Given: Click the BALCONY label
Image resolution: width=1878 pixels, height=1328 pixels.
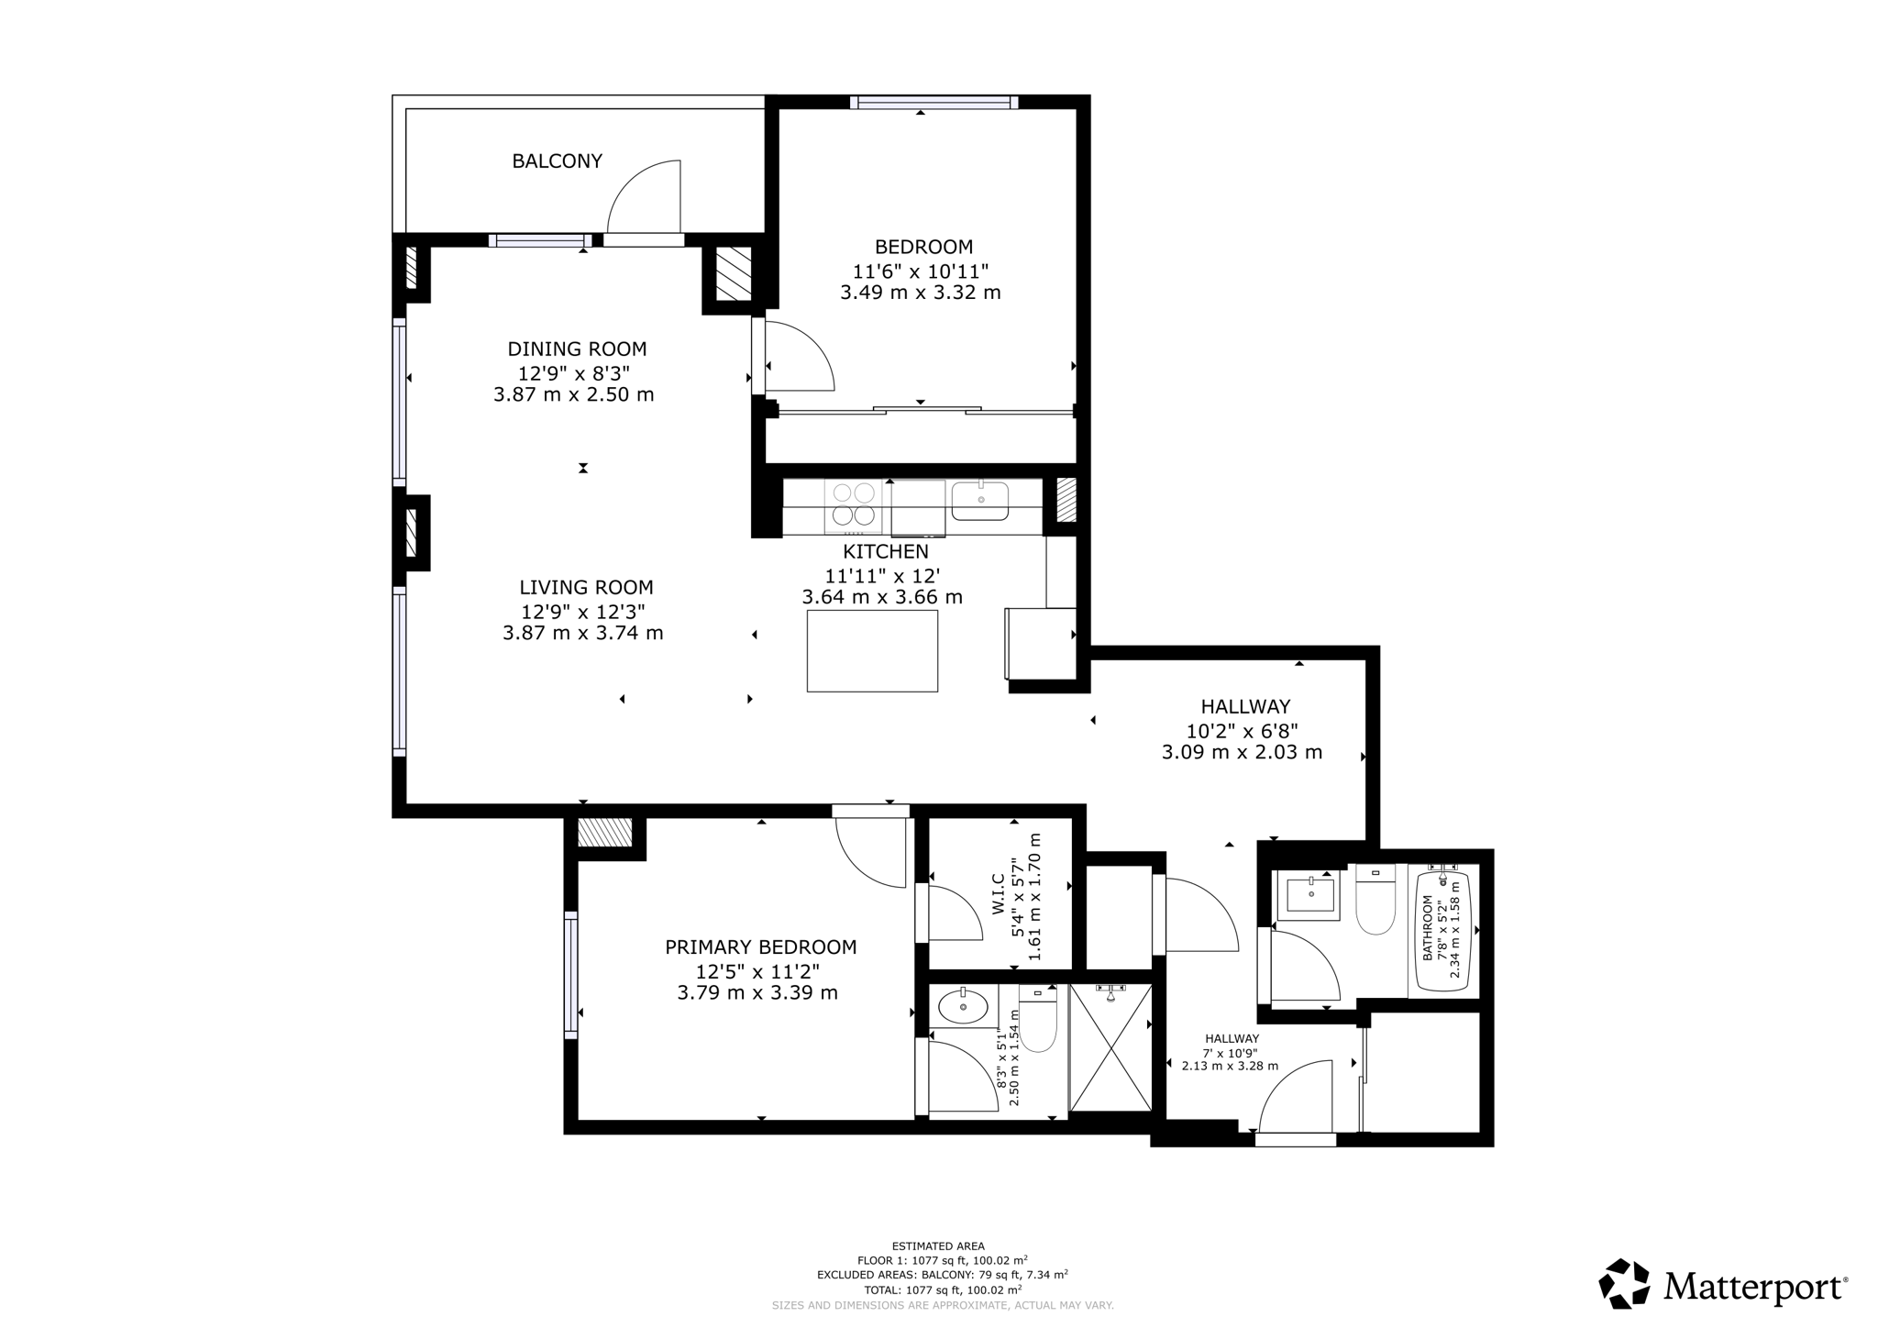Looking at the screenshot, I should tap(557, 161).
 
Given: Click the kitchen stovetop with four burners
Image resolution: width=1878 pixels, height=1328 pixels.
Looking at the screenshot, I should tap(853, 505).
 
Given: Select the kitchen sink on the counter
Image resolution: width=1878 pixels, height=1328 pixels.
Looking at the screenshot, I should tap(979, 501).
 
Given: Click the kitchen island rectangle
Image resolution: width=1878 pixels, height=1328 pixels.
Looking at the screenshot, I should tap(872, 650).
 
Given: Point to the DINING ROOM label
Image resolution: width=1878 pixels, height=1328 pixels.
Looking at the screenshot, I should tap(577, 349).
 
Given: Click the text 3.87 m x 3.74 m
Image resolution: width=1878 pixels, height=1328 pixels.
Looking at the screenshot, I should tap(582, 633).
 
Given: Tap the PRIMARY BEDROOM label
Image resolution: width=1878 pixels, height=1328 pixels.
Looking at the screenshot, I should tap(760, 947).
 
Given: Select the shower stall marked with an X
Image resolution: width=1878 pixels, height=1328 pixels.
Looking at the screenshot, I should tap(1110, 1048).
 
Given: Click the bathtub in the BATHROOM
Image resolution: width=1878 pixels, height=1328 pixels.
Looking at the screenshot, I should tap(1443, 930).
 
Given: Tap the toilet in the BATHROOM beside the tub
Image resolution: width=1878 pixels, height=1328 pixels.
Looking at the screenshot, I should tap(1375, 903).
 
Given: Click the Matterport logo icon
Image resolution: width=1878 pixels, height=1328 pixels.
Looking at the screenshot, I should tap(1624, 1283).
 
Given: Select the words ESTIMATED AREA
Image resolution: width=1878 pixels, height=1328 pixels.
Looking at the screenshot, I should tap(938, 1246).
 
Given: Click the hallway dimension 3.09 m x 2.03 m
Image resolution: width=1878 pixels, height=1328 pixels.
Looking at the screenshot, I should tap(1242, 753).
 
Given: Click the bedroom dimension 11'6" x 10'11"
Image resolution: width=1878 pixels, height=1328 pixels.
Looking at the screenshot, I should tap(920, 271).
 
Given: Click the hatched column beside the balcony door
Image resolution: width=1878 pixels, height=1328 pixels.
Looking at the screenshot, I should tap(733, 273).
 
